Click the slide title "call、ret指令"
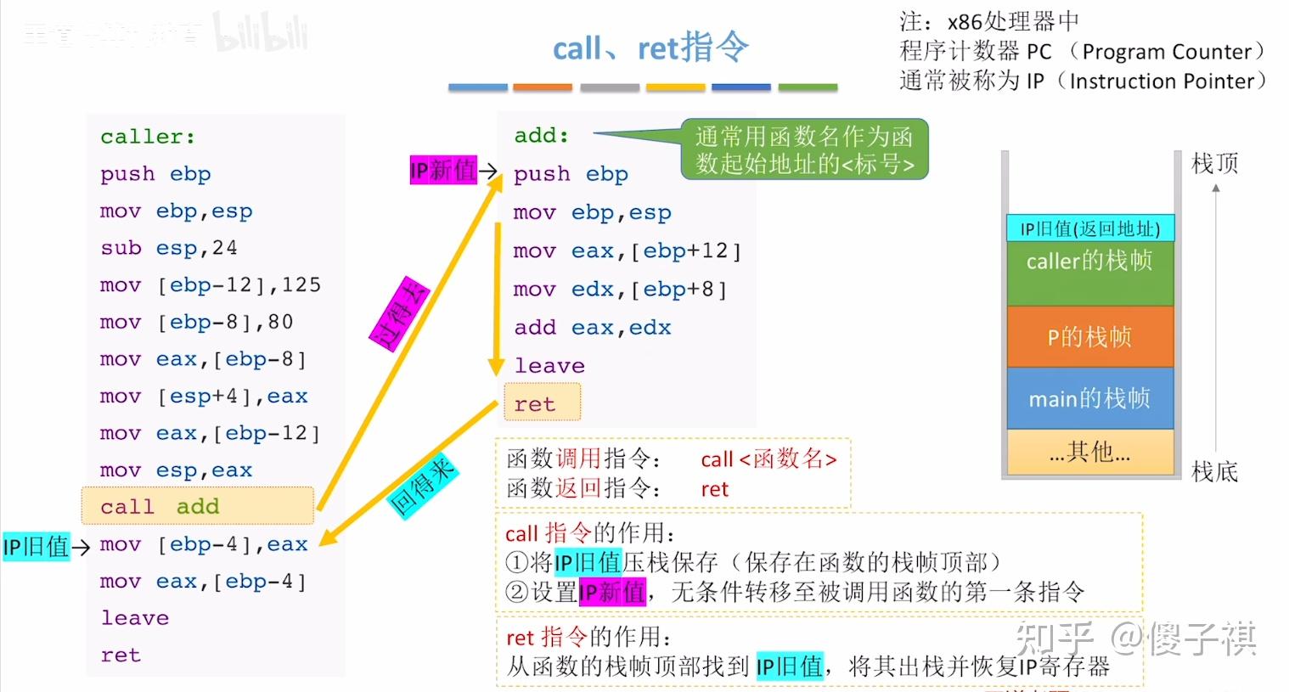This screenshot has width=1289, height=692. coord(650,48)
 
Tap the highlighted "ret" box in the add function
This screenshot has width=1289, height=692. coord(542,403)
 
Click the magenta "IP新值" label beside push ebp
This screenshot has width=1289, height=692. coord(443,170)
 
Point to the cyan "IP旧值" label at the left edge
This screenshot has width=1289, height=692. coord(35,546)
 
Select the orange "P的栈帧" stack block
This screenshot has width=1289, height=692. coord(1089,336)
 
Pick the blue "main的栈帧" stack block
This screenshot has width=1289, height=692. coord(1089,398)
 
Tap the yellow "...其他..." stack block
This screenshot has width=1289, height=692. coord(1089,452)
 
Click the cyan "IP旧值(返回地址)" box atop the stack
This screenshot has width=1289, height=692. coord(1089,228)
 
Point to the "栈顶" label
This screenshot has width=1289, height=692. coord(1214,163)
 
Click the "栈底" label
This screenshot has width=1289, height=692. coord(1214,471)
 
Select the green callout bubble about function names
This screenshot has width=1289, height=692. coord(804,149)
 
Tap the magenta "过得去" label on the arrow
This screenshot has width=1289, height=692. coord(399,313)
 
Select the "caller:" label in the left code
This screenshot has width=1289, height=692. coord(148,137)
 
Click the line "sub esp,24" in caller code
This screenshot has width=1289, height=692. coord(168,248)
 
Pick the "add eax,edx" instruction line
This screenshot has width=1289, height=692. coord(592,328)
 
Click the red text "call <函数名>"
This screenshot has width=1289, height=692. coord(768,459)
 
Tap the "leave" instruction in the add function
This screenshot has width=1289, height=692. coord(549,366)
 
